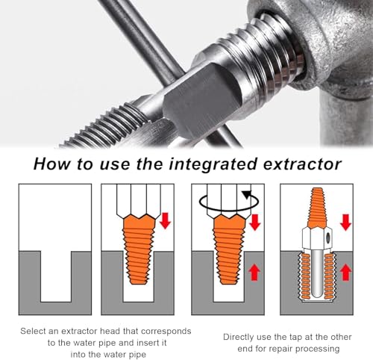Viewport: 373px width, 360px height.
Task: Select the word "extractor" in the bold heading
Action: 302,164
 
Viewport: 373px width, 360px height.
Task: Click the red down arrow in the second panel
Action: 165,220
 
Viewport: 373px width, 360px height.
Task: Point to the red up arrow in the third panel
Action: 254,273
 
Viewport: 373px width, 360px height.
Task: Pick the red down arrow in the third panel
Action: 254,222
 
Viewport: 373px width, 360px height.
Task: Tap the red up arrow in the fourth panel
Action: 345,273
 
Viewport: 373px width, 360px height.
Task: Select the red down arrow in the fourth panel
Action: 345,222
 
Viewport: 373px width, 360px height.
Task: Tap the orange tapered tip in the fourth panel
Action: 317,208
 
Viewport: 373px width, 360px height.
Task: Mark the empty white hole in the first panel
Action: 56,276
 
